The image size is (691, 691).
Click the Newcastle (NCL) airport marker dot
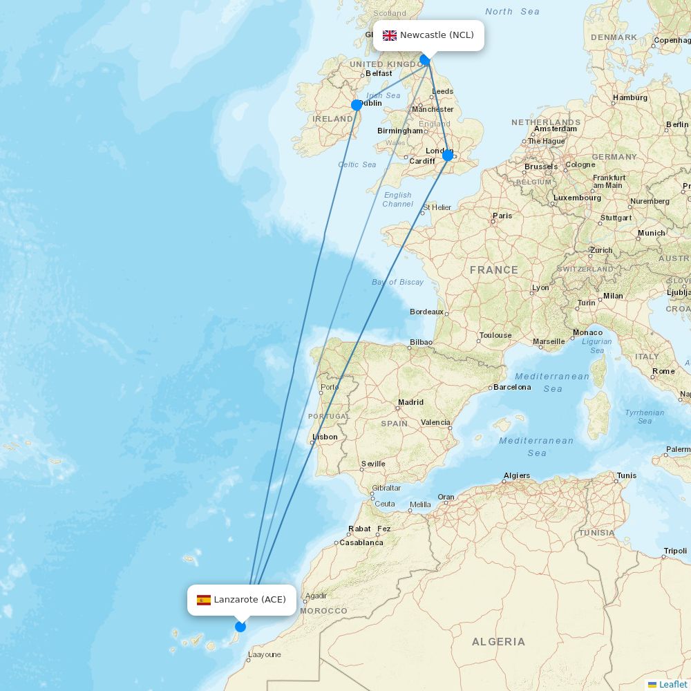pyautogui.click(x=425, y=61)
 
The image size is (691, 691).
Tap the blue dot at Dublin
pyautogui.click(x=357, y=105)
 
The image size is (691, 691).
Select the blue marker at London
pyautogui.click(x=448, y=155)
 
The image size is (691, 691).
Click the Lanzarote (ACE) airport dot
pyautogui.click(x=240, y=627)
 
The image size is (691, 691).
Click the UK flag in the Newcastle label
pyautogui.click(x=390, y=35)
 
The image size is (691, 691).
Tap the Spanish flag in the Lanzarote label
pyautogui.click(x=204, y=600)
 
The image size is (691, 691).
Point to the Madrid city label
pyautogui.click(x=410, y=402)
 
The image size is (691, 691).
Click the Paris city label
pyautogui.click(x=502, y=216)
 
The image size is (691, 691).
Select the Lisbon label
pyautogui.click(x=325, y=437)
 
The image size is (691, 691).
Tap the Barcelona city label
pyautogui.click(x=512, y=387)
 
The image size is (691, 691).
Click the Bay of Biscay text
pyautogui.click(x=397, y=282)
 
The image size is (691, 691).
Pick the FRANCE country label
pyautogui.click(x=494, y=270)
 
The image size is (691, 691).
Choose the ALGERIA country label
pyautogui.click(x=498, y=642)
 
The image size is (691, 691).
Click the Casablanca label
pyautogui.click(x=361, y=542)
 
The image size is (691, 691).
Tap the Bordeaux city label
pyautogui.click(x=426, y=312)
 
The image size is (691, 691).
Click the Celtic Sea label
pyautogui.click(x=357, y=164)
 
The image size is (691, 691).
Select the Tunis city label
pyautogui.click(x=627, y=475)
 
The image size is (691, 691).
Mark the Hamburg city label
pyautogui.click(x=630, y=97)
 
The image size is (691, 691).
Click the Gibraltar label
pyautogui.click(x=386, y=487)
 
